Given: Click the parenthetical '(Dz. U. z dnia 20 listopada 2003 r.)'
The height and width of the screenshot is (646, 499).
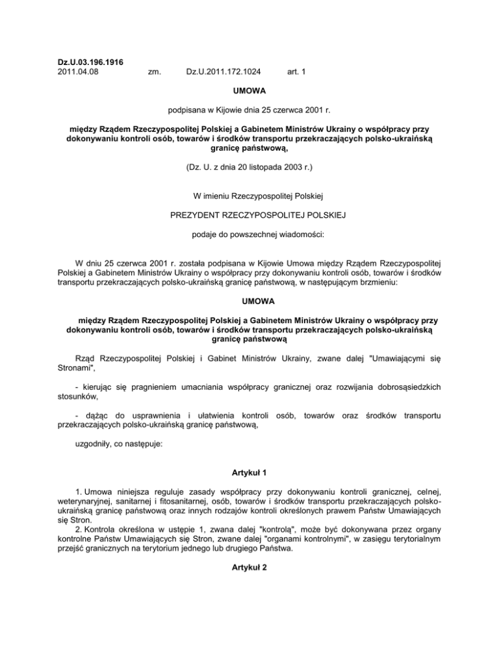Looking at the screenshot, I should tap(249, 166).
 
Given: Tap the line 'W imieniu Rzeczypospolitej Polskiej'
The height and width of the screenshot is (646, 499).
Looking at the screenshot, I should tap(249, 196).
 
